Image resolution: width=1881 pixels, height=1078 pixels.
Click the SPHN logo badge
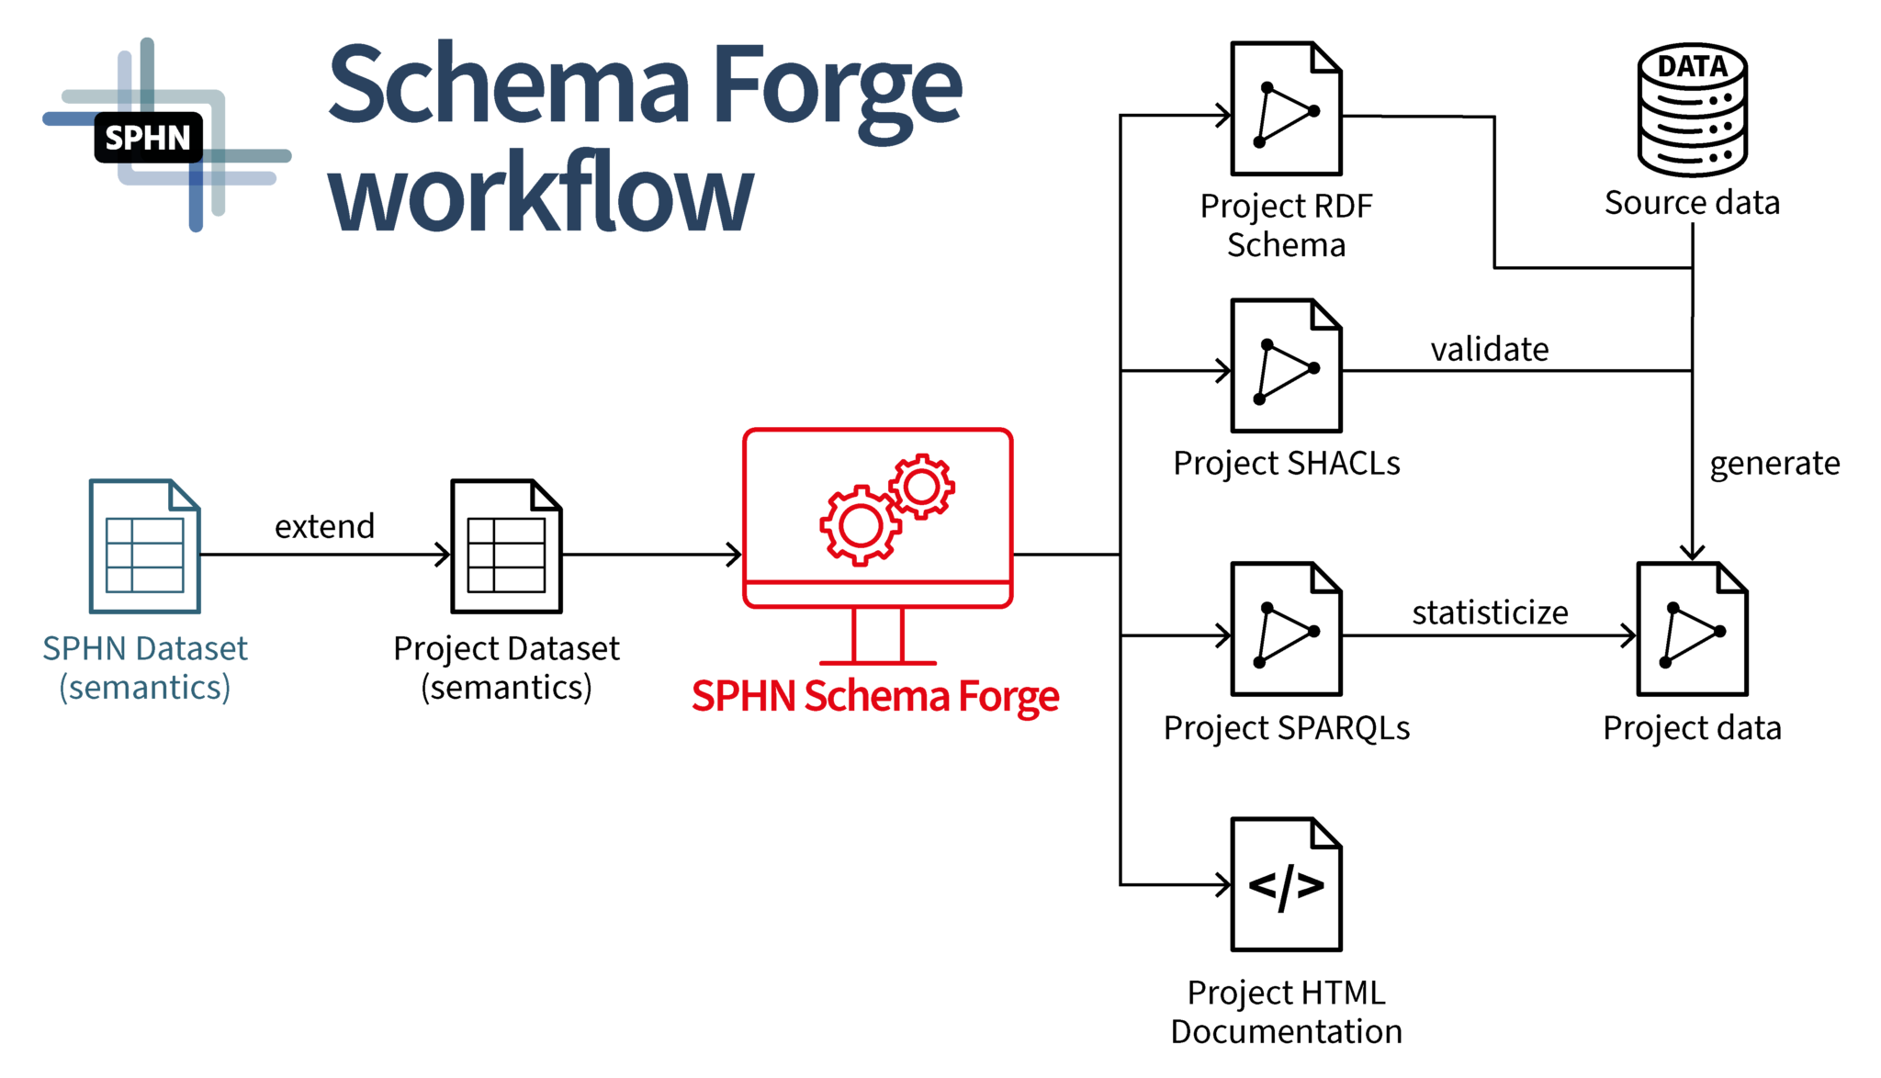coord(148,138)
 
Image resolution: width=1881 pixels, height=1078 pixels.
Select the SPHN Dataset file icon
coord(144,545)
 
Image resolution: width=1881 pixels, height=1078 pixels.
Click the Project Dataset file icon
coord(506,545)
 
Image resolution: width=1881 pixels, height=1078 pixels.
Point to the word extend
coord(324,526)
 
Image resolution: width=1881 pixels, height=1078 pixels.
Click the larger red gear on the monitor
coord(861,525)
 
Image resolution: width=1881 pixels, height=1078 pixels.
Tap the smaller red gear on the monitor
coord(921,486)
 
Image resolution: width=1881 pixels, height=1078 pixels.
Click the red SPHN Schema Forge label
coord(875,696)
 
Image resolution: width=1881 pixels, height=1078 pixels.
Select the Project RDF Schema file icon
coord(1286,108)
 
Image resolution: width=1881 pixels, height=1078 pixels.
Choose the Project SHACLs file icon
coord(1286,365)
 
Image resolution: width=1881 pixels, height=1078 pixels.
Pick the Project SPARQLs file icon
coord(1286,629)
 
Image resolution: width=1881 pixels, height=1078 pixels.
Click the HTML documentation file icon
coord(1286,884)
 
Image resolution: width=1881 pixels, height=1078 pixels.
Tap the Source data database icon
coord(1693,109)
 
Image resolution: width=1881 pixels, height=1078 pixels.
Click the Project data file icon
coord(1692,629)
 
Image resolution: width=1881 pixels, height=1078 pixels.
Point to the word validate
coord(1490,349)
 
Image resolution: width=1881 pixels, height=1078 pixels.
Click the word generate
coord(1774,464)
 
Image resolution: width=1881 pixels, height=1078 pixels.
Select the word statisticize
coord(1490,612)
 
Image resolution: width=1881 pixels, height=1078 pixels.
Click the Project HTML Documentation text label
coord(1286,1012)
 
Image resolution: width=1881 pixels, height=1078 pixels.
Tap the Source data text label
coord(1692,202)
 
